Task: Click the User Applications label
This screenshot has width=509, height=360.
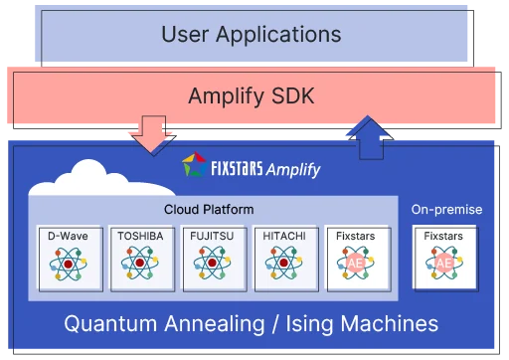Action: click(x=251, y=35)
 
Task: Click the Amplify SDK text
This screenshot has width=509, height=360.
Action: click(x=251, y=96)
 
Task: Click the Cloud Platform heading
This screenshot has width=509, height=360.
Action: click(x=209, y=209)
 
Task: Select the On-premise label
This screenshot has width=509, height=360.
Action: click(x=446, y=209)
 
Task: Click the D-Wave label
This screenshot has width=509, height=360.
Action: click(x=68, y=237)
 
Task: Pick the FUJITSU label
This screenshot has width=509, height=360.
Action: click(x=211, y=237)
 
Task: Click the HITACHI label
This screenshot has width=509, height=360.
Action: click(x=284, y=237)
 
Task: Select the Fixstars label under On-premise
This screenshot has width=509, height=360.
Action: click(x=443, y=237)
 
